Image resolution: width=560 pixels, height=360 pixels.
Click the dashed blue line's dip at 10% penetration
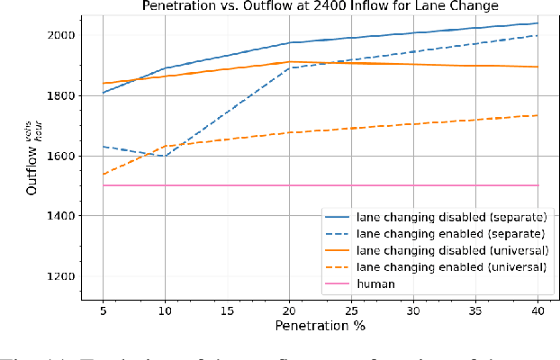pyautogui.click(x=164, y=156)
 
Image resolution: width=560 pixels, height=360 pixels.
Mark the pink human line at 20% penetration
pyautogui.click(x=289, y=185)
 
